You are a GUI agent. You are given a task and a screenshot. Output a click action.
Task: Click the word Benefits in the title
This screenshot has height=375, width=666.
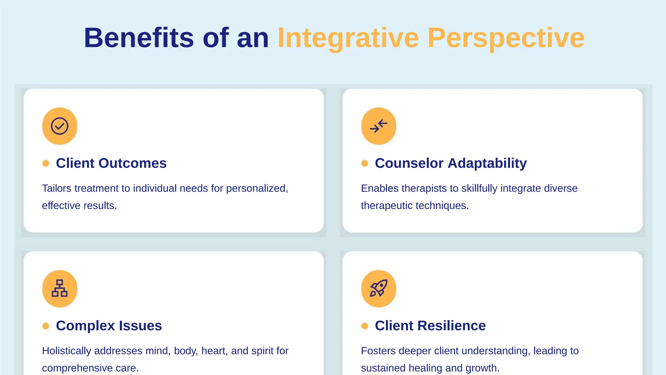point(139,38)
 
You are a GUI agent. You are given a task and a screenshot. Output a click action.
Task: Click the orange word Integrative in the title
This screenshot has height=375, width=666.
point(348,38)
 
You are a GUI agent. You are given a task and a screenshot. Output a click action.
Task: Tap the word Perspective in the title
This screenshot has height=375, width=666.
point(506,38)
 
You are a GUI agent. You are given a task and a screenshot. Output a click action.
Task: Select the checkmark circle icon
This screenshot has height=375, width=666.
point(60,126)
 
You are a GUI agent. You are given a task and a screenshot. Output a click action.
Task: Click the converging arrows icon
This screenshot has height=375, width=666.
point(379,126)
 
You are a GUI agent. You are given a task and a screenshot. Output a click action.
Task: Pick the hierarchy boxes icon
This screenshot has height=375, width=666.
point(60,288)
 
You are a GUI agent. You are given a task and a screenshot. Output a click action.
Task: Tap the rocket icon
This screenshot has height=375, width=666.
point(379,288)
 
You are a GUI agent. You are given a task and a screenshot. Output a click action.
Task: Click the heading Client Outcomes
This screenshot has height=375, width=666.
point(111,163)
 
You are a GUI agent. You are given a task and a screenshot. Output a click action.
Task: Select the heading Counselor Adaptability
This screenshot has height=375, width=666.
point(450,163)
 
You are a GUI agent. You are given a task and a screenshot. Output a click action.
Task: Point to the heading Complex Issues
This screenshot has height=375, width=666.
point(109,326)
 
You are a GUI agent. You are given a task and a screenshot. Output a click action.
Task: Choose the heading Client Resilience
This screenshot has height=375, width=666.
point(430,326)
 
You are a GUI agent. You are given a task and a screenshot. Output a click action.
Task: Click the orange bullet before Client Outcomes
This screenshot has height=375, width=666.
point(46,163)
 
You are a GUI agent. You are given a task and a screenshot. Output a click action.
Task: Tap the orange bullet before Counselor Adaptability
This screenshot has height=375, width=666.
point(365,163)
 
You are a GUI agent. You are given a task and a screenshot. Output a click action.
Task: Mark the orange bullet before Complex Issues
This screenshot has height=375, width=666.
point(46,326)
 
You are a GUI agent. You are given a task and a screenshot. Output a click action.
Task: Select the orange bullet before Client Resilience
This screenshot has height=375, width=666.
point(365,326)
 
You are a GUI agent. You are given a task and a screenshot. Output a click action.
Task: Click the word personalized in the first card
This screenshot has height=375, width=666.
point(257,188)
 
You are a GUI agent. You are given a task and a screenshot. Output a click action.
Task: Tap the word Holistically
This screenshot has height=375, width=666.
point(67,351)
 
